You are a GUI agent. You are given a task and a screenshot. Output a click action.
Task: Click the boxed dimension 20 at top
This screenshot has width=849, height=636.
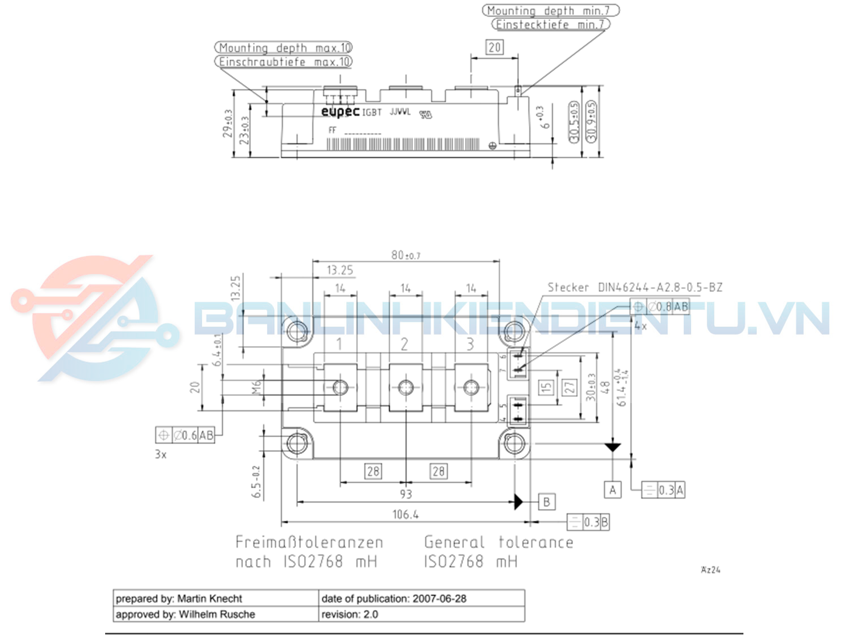494,47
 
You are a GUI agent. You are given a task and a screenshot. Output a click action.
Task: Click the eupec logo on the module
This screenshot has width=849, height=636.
340,111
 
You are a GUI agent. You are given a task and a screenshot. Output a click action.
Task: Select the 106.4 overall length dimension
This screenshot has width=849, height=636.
405,514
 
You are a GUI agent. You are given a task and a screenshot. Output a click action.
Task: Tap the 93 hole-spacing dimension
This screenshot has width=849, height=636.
406,494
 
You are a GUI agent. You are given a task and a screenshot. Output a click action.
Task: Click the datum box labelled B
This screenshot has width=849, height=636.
546,502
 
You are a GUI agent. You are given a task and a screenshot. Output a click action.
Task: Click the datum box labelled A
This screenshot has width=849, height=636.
613,490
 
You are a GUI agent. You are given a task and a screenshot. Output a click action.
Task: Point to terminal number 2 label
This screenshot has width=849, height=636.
404,345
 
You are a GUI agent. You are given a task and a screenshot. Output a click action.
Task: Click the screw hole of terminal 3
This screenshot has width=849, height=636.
471,387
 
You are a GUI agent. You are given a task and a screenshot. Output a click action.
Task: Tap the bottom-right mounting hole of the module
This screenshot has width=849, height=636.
514,443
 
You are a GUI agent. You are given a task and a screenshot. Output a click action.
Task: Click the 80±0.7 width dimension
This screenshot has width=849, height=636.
406,255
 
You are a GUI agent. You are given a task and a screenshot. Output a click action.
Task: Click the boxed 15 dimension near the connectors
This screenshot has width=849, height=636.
546,387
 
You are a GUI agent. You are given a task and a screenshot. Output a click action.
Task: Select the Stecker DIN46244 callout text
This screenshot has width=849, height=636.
634,287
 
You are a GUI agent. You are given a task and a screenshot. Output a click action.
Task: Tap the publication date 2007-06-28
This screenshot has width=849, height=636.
439,599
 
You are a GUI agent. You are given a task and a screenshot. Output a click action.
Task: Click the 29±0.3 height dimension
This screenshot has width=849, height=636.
228,123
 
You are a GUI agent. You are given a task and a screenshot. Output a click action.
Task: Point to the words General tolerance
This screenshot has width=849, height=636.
499,542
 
